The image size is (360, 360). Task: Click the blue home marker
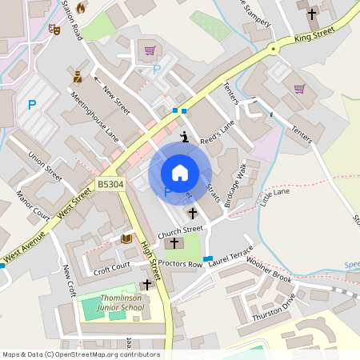point(179,173)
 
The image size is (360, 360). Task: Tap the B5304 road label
point(110,184)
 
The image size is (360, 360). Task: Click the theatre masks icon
point(54,29)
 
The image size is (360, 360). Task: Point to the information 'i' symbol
point(185,136)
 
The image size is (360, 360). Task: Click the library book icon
point(126,238)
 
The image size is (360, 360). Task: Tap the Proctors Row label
point(180,264)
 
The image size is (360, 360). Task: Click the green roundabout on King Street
point(274,49)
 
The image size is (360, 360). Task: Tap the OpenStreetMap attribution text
point(80,354)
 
